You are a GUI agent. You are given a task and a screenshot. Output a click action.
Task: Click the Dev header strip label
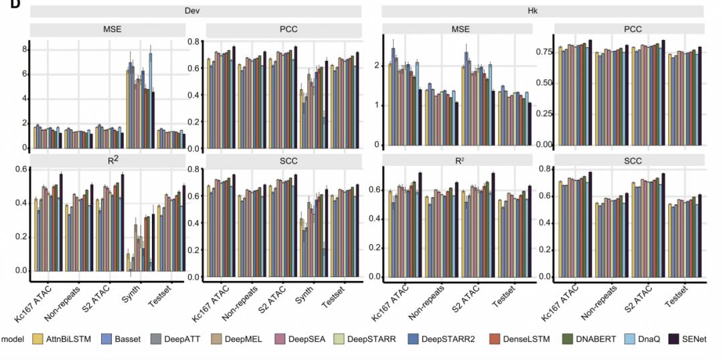pos(194,11)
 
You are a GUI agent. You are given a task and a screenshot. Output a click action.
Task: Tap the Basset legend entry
pos(125,339)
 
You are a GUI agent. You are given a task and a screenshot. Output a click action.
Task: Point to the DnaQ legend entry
pos(643,339)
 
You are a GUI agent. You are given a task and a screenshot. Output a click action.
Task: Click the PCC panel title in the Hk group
pos(629,29)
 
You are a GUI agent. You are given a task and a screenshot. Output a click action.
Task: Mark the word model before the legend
pos(13,339)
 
